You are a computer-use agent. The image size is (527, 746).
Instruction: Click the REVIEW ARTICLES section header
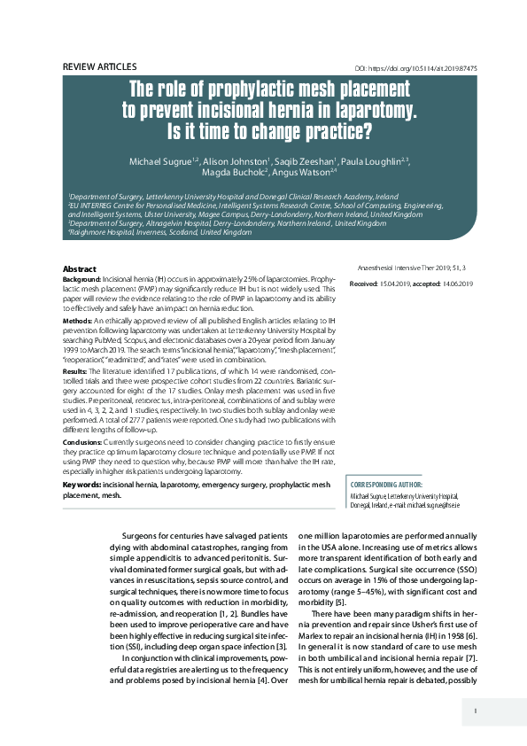coord(99,66)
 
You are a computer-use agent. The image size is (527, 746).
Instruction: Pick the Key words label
coord(81,485)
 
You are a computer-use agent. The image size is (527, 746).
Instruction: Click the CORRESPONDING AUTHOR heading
coord(387,486)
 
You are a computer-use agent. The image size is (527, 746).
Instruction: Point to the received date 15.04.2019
coord(393,283)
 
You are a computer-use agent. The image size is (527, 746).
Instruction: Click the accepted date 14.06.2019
coord(453,283)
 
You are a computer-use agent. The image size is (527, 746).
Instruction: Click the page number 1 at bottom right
coord(476,710)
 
